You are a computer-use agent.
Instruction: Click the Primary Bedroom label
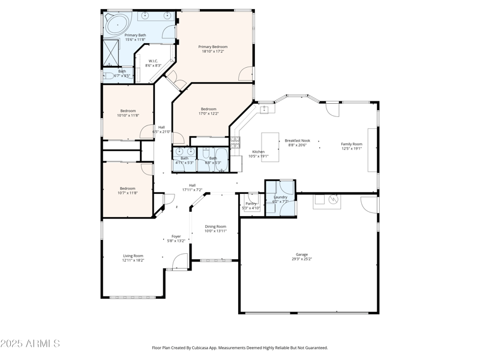pyautogui.click(x=213, y=47)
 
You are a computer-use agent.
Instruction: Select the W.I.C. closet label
pyautogui.click(x=153, y=61)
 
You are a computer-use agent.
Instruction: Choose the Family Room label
pyautogui.click(x=352, y=144)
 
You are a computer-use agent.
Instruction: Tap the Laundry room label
pyautogui.click(x=280, y=197)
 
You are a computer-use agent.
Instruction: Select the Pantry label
pyautogui.click(x=251, y=203)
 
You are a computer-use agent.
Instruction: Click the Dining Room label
pyautogui.click(x=215, y=226)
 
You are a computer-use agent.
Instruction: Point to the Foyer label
pyautogui.click(x=176, y=236)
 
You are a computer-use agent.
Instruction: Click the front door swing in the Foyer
pyautogui.click(x=178, y=260)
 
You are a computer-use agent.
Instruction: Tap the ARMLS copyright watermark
pyautogui.click(x=30, y=344)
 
